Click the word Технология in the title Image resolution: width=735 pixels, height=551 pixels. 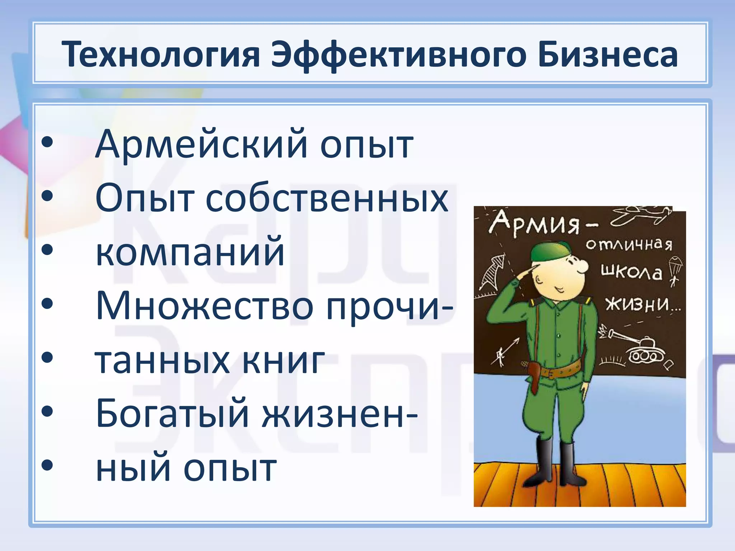(x=160, y=55)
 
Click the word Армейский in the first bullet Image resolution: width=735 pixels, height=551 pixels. (x=201, y=144)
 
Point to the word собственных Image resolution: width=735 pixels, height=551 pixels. (x=327, y=198)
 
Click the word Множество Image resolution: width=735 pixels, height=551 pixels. (x=205, y=305)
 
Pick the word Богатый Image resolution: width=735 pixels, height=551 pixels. (x=172, y=414)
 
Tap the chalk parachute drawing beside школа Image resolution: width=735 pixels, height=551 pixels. (x=675, y=267)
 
